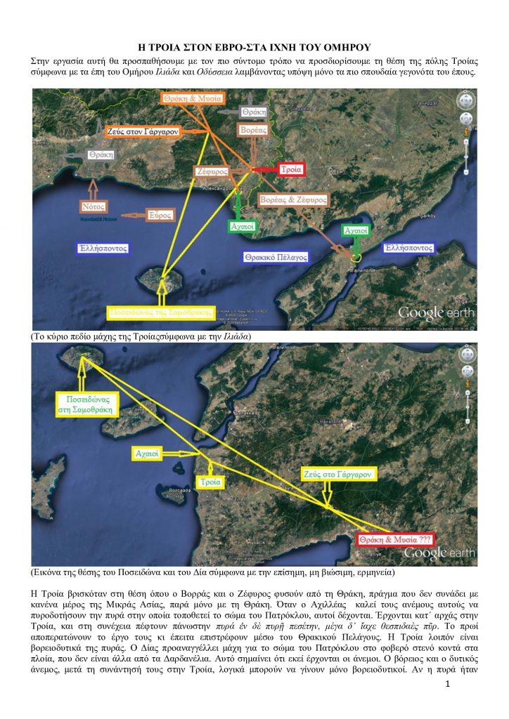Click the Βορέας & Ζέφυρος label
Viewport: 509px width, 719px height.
(x=293, y=200)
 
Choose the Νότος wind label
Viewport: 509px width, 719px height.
(x=95, y=206)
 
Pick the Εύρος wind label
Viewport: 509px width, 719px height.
(x=160, y=215)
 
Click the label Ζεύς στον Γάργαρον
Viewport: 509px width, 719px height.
(x=143, y=131)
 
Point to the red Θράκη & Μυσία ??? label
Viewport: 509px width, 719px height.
(x=394, y=539)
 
